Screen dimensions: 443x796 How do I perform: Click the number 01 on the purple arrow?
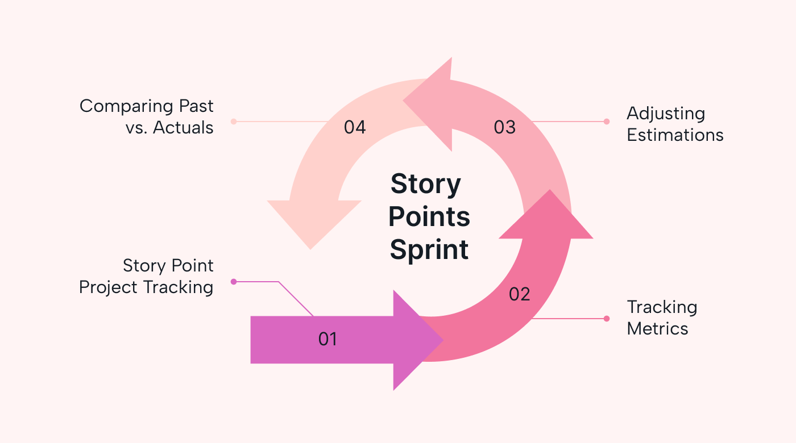coord(327,339)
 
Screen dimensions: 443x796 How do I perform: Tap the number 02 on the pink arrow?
coord(519,294)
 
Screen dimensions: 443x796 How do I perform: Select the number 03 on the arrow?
coord(504,127)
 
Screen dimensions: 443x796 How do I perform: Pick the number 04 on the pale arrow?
coord(354,127)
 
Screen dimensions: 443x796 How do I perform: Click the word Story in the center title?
coord(425,185)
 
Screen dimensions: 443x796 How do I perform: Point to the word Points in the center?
coord(429,217)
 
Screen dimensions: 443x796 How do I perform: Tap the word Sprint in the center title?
coord(429,250)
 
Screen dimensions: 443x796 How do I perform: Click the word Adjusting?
coord(665,114)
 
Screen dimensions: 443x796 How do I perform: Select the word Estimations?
coord(675,135)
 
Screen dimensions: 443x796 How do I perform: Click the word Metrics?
coord(657,329)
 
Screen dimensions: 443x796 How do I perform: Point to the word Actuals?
coord(183,128)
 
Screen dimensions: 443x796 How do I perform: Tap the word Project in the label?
coord(109,287)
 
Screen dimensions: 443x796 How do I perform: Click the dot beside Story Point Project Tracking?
coord(233,282)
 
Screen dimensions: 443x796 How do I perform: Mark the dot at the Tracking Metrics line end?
coord(607,319)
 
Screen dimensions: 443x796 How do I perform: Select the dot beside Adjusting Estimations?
coord(607,122)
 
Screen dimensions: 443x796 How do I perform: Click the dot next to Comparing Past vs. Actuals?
coord(233,122)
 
